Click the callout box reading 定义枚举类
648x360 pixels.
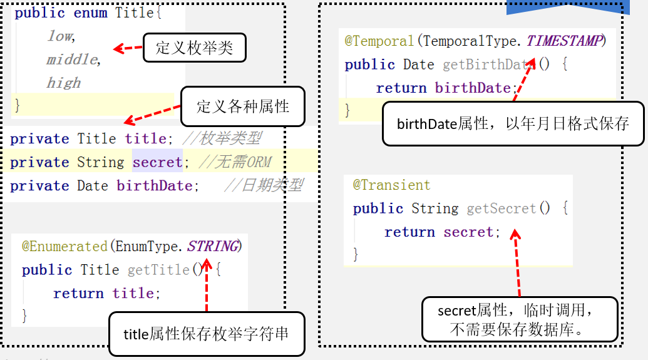(x=194, y=48)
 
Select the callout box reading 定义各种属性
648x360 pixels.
(x=243, y=106)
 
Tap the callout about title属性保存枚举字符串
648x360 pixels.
(x=206, y=334)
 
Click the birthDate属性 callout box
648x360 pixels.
(x=513, y=123)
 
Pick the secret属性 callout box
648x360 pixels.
(x=519, y=319)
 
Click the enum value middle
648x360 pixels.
(x=72, y=59)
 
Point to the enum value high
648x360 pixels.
(x=63, y=83)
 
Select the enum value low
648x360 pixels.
(x=60, y=36)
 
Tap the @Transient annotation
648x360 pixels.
(x=391, y=185)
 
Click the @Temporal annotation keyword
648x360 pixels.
(x=379, y=41)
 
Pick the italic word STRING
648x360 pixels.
(x=213, y=246)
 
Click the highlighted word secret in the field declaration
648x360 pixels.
(x=157, y=162)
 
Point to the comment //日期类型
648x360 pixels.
(x=263, y=185)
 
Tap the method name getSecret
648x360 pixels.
(x=501, y=208)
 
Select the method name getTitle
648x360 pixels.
(x=158, y=270)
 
